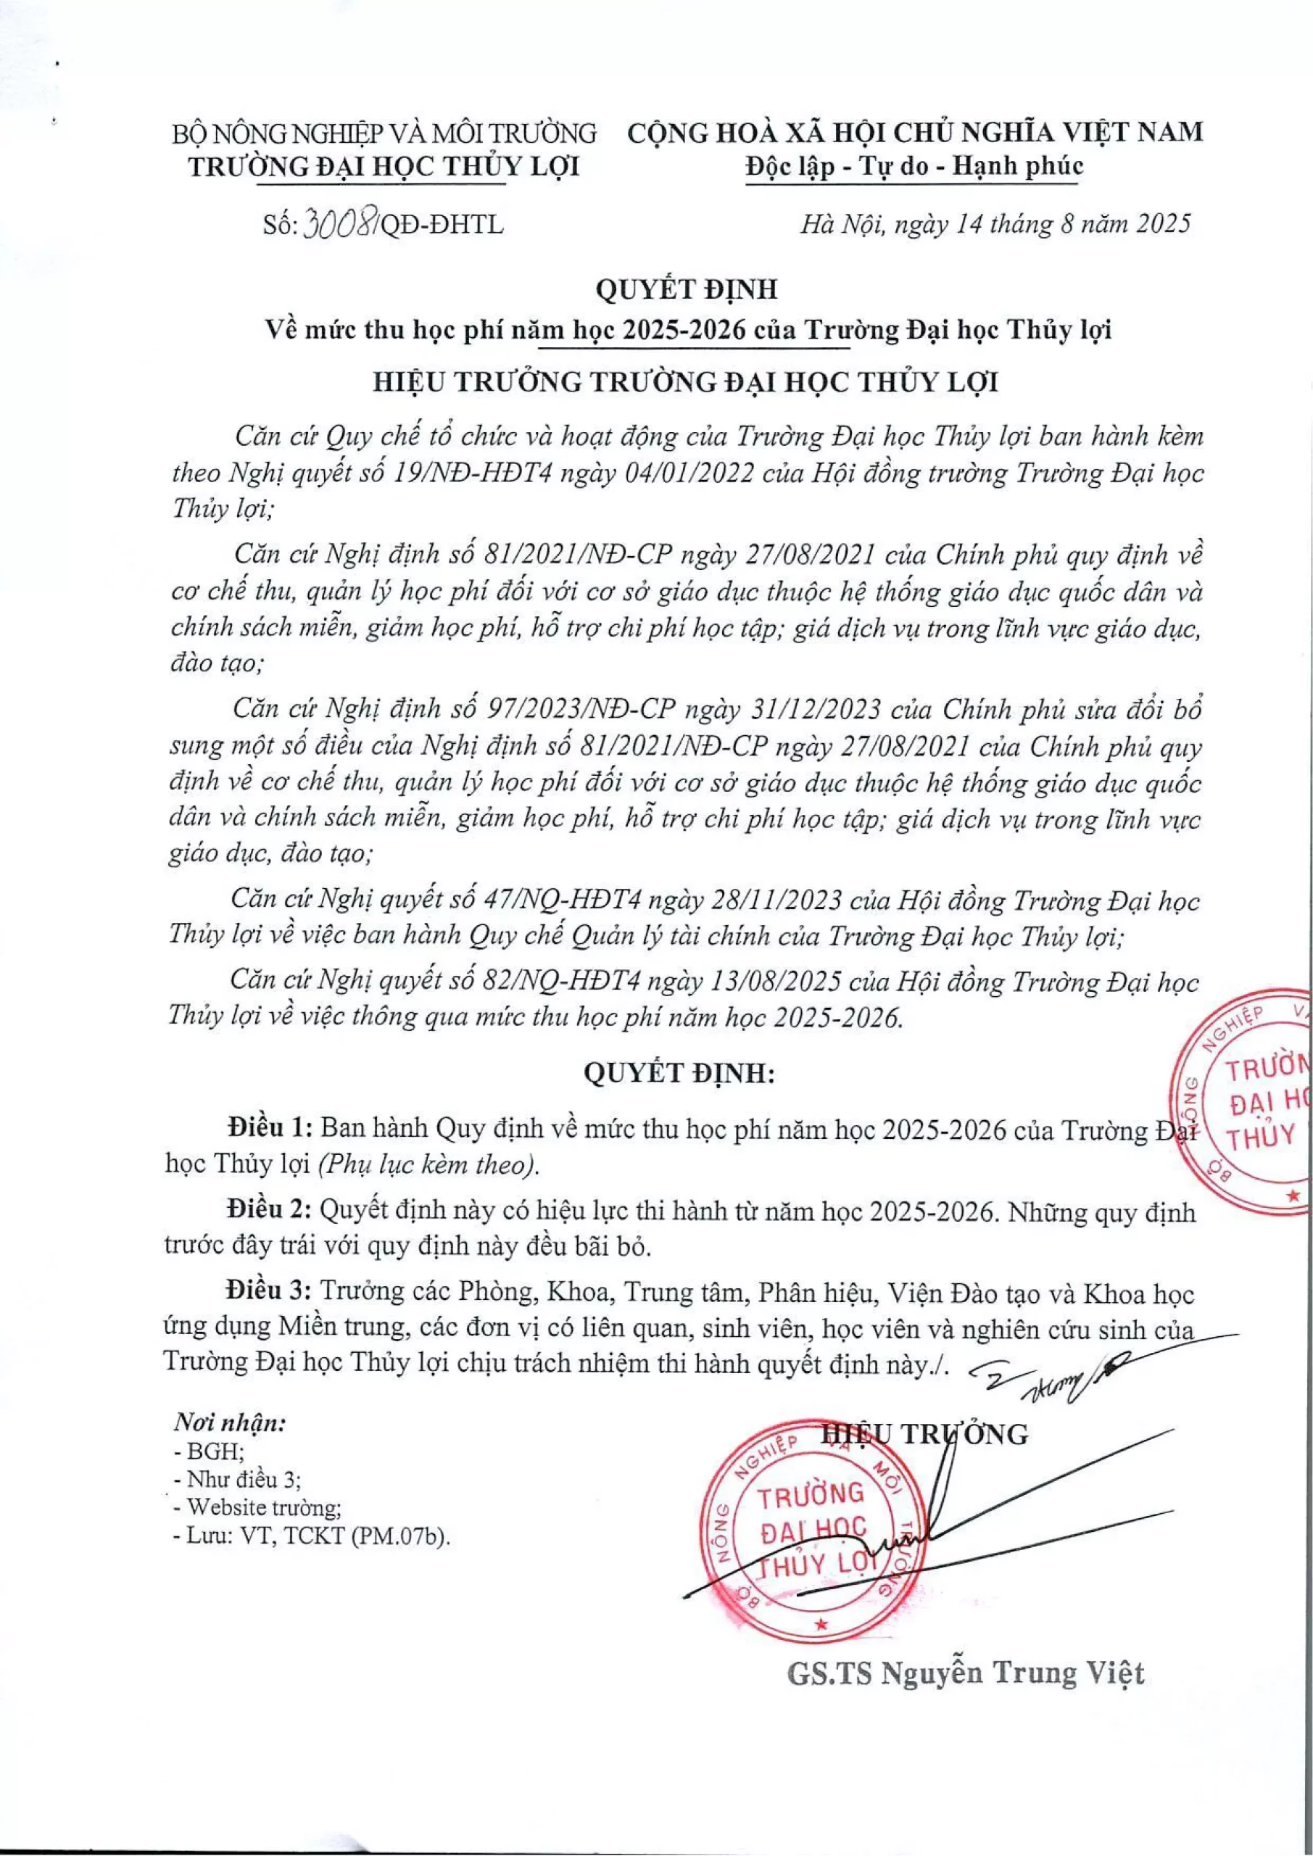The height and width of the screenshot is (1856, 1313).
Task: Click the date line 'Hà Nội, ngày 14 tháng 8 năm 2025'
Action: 995,223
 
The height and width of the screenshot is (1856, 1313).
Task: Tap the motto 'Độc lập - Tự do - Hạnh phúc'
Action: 914,167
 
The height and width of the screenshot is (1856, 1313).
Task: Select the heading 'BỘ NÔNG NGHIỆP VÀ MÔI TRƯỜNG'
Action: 384,133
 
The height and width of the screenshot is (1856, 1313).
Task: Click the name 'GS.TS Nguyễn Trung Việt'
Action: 965,1673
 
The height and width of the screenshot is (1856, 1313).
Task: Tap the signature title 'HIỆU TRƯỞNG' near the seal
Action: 924,1435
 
